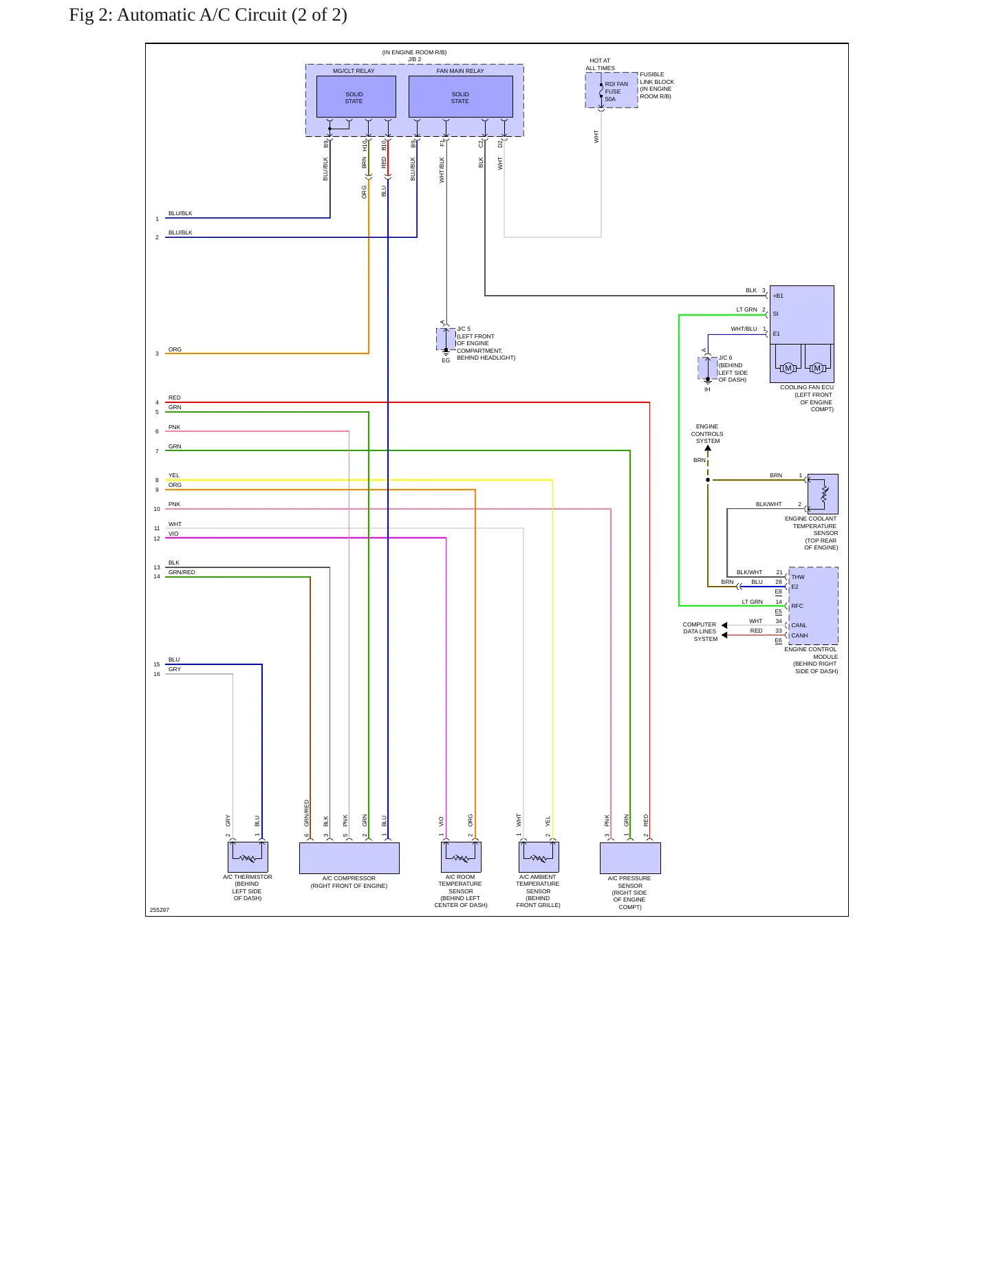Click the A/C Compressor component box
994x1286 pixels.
coord(349,858)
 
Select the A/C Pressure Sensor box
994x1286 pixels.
coord(630,858)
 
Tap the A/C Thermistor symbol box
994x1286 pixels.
coord(248,857)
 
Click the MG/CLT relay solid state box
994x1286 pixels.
coord(356,97)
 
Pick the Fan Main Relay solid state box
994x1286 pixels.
coord(460,97)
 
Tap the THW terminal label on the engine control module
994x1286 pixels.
coord(797,577)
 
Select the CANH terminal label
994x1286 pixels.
coord(799,635)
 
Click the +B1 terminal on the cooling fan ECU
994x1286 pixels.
coord(778,296)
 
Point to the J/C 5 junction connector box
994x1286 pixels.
coord(446,339)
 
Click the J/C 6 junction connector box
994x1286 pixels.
coord(707,368)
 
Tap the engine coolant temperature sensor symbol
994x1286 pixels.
coord(823,494)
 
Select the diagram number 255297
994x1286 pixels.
coord(159,910)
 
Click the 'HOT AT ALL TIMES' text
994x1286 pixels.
coord(600,64)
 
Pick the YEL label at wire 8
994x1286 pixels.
coord(174,475)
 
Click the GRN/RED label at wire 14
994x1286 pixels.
coord(182,572)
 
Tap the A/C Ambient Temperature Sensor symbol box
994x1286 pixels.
coord(539,857)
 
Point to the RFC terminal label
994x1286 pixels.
coord(797,606)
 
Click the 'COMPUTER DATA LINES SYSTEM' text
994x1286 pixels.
coord(700,631)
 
